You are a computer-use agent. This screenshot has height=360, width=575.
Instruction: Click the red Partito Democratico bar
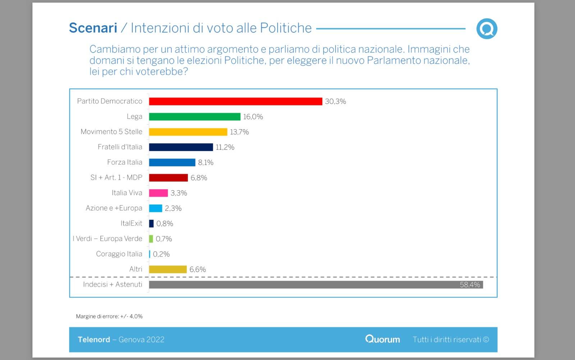(235, 101)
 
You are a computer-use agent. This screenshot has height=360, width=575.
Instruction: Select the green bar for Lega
(194, 117)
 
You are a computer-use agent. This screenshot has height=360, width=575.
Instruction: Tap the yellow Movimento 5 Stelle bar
(188, 132)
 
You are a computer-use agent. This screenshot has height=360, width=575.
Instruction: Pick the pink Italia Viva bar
(158, 193)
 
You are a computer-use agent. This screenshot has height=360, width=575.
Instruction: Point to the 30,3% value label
(335, 101)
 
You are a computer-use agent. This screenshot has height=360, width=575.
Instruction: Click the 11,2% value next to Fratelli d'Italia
(225, 147)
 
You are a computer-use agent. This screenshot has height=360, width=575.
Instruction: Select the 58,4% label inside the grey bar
(470, 284)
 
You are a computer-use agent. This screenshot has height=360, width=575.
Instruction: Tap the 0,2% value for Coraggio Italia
(161, 254)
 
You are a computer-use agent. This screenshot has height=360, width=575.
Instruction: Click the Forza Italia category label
(124, 162)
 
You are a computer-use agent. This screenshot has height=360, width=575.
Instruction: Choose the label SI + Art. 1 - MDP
(116, 177)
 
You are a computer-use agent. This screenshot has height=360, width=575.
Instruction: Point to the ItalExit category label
(131, 223)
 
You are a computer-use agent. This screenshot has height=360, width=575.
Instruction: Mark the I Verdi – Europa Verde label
(107, 238)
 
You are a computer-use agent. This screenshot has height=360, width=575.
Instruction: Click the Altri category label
(135, 269)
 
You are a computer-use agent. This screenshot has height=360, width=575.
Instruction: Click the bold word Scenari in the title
(93, 28)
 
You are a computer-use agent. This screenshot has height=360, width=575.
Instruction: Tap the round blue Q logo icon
(487, 29)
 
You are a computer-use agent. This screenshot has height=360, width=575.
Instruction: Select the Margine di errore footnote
(109, 316)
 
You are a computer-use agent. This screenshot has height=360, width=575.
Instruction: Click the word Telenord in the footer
(94, 340)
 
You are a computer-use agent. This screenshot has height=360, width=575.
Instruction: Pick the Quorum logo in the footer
(382, 339)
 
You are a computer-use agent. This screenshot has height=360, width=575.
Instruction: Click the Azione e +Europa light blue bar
(156, 208)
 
